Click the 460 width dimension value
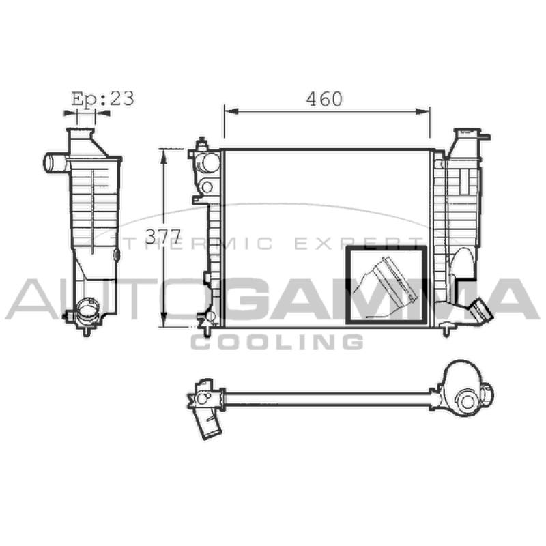click(325, 99)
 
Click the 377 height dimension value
click(163, 237)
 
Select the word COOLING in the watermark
click(277, 342)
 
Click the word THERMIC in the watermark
click(198, 243)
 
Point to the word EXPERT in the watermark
click(359, 243)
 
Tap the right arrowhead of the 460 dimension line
click(422, 111)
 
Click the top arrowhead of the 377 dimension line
click(163, 156)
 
